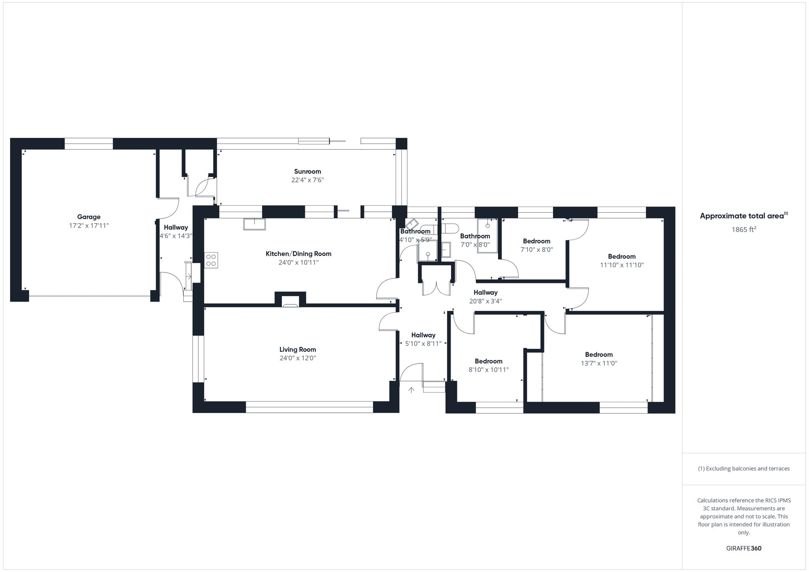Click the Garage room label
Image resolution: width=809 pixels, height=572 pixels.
point(89,217)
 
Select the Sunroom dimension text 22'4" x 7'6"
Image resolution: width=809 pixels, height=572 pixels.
point(307,180)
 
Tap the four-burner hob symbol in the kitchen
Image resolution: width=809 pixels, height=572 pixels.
point(211,260)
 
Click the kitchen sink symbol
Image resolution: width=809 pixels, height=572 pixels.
point(254,224)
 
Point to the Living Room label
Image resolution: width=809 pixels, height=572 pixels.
point(297,350)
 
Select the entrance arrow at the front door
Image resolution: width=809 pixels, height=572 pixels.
point(411,390)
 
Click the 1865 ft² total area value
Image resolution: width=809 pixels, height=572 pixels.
point(743,230)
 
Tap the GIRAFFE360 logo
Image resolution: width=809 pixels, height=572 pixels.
point(743,549)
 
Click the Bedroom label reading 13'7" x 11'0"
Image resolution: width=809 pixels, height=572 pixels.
point(599,355)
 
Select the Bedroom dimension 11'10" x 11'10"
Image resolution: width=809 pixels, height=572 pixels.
point(622,265)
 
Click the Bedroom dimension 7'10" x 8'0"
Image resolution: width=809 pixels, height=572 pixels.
point(536,250)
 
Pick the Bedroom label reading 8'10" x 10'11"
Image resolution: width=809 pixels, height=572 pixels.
point(489,361)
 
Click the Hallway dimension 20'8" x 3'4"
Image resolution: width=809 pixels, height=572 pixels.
point(485,301)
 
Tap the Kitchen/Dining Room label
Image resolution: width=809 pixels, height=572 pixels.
point(298,254)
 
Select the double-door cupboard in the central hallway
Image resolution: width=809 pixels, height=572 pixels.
point(436,283)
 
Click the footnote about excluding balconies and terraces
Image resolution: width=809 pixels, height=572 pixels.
point(743,469)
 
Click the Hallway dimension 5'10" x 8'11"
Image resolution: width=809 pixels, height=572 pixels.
point(423,344)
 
